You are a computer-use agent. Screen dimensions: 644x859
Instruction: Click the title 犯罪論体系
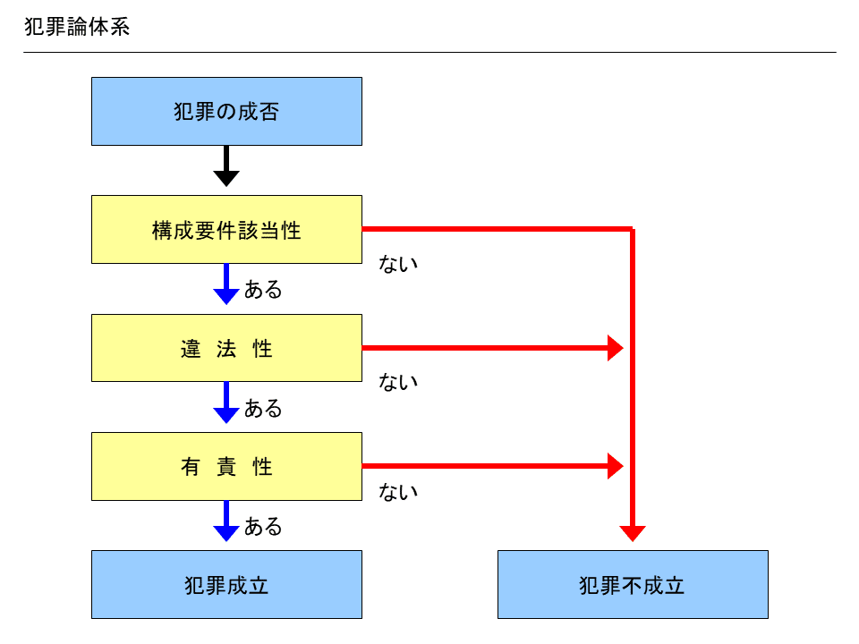click(77, 27)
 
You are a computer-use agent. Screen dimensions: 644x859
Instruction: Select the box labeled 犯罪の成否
click(226, 111)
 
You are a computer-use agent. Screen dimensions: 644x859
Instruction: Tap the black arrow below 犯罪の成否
click(226, 166)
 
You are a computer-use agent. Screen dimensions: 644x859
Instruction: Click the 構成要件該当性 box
click(226, 230)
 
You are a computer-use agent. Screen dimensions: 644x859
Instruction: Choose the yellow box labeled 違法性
click(226, 348)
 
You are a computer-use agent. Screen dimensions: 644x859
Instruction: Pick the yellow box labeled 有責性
click(226, 466)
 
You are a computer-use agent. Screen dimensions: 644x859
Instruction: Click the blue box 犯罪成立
click(226, 585)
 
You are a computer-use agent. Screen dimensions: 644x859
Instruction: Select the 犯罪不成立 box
click(633, 585)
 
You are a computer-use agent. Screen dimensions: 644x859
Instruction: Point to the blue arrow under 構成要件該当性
click(226, 284)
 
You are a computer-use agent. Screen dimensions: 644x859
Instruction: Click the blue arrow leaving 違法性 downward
click(226, 402)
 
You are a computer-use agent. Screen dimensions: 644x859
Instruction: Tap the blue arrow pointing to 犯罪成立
click(226, 521)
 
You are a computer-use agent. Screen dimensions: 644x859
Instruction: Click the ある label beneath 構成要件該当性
click(263, 290)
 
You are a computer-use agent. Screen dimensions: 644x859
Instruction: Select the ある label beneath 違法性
click(263, 409)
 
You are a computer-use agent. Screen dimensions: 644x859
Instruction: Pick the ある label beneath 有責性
click(263, 527)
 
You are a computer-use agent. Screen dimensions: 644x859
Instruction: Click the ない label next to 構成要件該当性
click(399, 264)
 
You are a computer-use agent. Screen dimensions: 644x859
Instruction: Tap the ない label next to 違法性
click(399, 382)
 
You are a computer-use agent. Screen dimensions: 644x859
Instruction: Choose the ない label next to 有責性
click(399, 492)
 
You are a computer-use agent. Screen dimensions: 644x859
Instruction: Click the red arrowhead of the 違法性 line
click(615, 348)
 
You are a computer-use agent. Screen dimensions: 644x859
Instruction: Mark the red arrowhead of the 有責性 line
click(615, 466)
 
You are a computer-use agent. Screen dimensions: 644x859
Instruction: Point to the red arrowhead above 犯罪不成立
click(633, 533)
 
